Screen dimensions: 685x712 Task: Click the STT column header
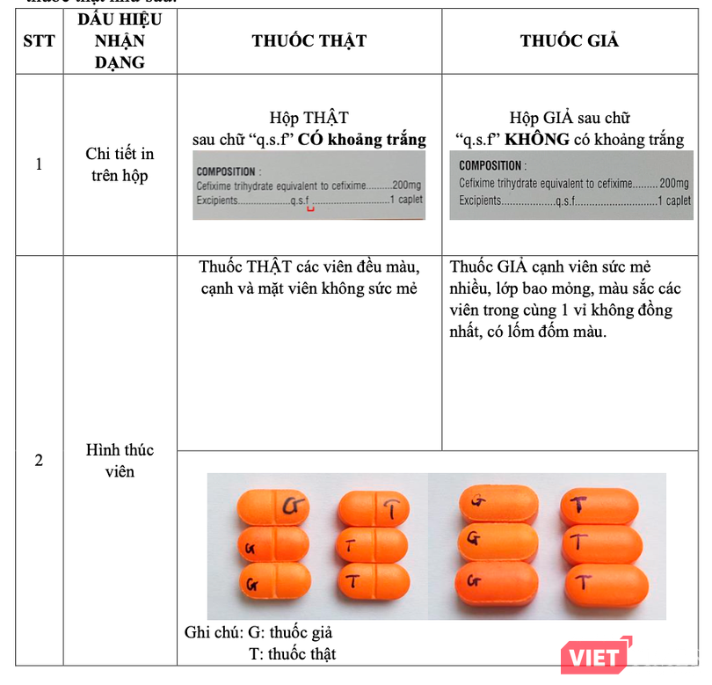pyautogui.click(x=38, y=41)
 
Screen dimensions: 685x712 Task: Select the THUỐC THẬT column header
pyautogui.click(x=309, y=41)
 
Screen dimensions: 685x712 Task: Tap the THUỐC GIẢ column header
pyautogui.click(x=569, y=41)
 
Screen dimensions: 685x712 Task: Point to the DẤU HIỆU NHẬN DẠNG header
pyautogui.click(x=120, y=41)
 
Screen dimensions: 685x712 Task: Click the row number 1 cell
pyautogui.click(x=38, y=164)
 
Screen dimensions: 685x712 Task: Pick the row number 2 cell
pyautogui.click(x=38, y=460)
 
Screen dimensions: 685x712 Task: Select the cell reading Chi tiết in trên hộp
pyautogui.click(x=120, y=164)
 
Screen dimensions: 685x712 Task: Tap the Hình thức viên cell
pyautogui.click(x=120, y=460)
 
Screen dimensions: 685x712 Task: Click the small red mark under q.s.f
pyautogui.click(x=309, y=209)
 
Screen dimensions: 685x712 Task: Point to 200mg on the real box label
pyautogui.click(x=408, y=186)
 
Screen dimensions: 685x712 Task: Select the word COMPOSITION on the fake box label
pyautogui.click(x=490, y=165)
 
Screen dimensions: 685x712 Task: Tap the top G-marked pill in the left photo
pyautogui.click(x=274, y=506)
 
